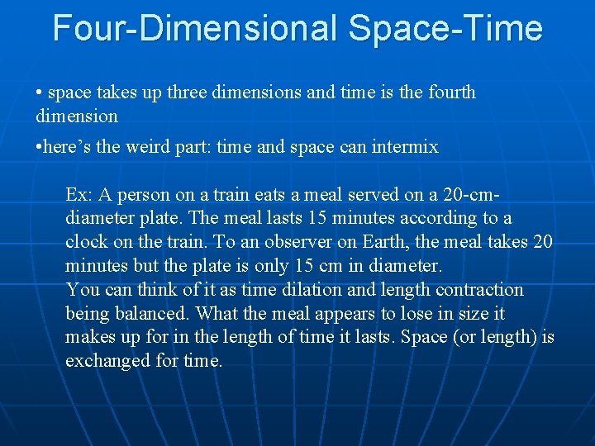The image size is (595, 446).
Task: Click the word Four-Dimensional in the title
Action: tap(196, 28)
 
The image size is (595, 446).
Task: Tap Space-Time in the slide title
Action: tap(446, 28)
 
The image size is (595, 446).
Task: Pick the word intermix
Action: tap(404, 147)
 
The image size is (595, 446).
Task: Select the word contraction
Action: tap(481, 290)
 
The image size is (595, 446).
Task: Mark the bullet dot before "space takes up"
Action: tap(40, 93)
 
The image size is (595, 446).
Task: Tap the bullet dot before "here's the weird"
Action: tap(40, 147)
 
